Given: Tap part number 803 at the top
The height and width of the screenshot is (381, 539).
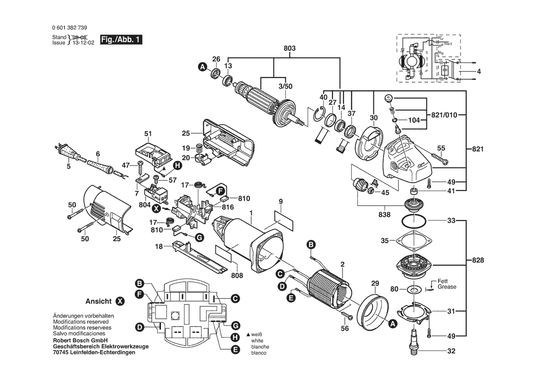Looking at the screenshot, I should click(x=290, y=48).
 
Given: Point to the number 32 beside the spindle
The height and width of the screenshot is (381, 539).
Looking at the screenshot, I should click(x=451, y=351).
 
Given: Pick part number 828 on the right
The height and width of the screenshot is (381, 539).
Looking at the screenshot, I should click(x=478, y=260).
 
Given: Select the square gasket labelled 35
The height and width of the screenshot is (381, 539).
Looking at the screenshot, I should click(x=414, y=241).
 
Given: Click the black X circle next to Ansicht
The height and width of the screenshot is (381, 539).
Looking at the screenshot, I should click(x=120, y=301).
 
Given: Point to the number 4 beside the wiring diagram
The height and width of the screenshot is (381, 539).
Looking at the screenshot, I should click(x=479, y=72).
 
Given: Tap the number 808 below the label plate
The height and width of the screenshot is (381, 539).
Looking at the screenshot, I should click(x=237, y=276).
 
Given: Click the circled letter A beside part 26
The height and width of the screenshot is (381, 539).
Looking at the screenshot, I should click(x=201, y=67).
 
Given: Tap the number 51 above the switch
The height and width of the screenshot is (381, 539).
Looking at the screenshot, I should click(x=148, y=134).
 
